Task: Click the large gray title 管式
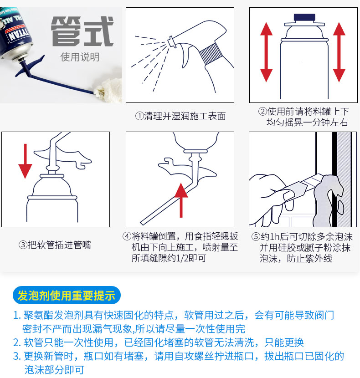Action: click(x=82, y=31)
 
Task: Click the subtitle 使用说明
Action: click(x=80, y=57)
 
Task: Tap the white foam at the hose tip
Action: click(x=108, y=89)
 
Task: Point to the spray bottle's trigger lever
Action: click(x=186, y=56)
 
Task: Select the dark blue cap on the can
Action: click(x=304, y=18)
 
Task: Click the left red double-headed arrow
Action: click(x=267, y=52)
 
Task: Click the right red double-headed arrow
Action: click(x=339, y=52)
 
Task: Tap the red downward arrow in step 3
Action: click(x=25, y=161)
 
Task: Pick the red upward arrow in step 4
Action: click(x=181, y=200)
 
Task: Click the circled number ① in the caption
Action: click(x=139, y=116)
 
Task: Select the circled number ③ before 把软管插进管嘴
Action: click(x=23, y=245)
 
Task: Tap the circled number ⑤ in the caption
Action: click(x=256, y=237)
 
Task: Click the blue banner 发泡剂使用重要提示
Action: click(x=67, y=295)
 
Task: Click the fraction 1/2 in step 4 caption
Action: click(x=182, y=258)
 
